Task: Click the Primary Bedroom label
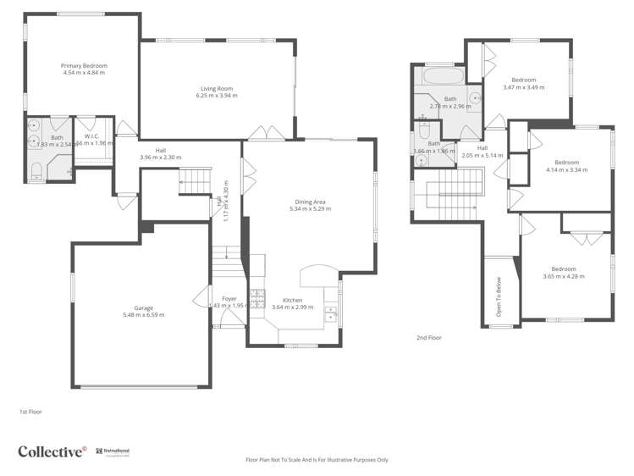(x=84, y=65)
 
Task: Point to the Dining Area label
(x=307, y=202)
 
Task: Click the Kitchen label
(x=293, y=300)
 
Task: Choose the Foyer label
(x=229, y=299)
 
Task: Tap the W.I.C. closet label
(x=91, y=136)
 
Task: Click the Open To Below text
(x=498, y=297)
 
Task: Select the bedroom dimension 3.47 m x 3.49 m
(x=523, y=87)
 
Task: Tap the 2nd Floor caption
(x=428, y=337)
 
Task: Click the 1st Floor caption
(x=30, y=412)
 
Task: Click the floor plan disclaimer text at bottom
(x=317, y=460)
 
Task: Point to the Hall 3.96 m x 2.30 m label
(x=160, y=154)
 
